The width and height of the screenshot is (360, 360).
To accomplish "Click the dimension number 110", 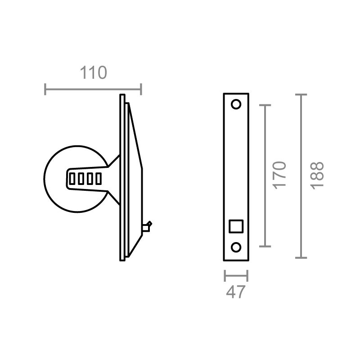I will [x=94, y=72].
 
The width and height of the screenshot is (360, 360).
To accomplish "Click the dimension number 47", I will [x=236, y=292].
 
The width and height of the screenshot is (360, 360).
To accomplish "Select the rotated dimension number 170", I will [x=279, y=174].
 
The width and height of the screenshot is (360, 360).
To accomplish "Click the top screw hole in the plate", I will [x=236, y=104].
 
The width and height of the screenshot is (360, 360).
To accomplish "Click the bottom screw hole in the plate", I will [x=236, y=247].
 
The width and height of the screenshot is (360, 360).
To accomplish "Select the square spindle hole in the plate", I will [x=236, y=226].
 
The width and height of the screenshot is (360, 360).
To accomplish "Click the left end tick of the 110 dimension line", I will [x=45, y=89].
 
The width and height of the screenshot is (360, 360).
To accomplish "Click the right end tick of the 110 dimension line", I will [x=141, y=89].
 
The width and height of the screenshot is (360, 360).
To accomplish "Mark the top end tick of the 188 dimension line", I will [x=301, y=94].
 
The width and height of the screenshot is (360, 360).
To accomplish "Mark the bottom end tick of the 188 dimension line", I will [x=301, y=258].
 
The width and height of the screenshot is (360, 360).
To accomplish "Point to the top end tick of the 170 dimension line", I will [x=265, y=105].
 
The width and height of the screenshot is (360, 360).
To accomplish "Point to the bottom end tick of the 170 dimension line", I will [x=265, y=247].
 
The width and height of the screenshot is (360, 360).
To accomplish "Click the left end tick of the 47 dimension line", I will [x=225, y=275].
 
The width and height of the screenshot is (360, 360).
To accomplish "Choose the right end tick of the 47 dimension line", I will [x=247, y=275].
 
